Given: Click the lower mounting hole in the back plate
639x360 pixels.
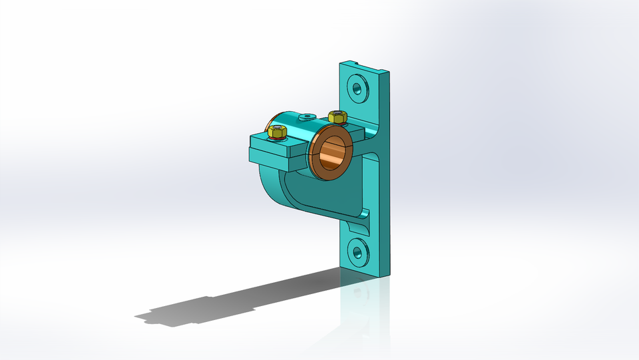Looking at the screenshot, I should coord(359,251).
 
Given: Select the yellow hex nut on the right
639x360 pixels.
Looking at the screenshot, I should coord(337,117).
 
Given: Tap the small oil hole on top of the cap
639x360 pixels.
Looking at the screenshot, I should coord(307,116).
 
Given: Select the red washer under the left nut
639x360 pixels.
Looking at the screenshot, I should coord(277,138).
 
